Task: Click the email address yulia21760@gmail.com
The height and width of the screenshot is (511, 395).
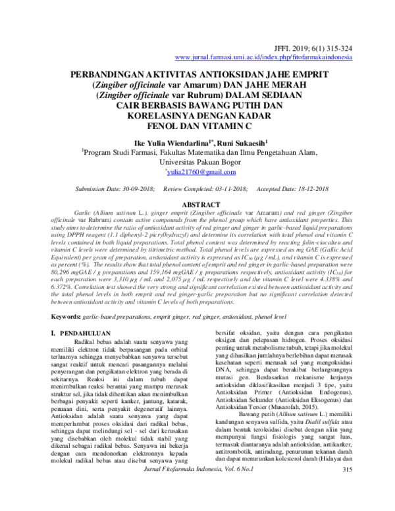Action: click(197, 171)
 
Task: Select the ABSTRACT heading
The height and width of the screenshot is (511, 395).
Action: click(197, 205)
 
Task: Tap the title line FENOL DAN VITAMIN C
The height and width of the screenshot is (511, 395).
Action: click(197, 125)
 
